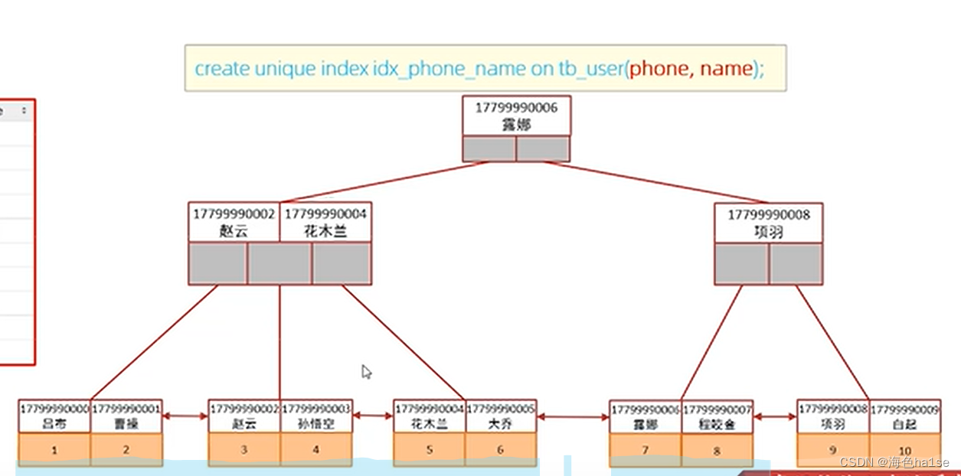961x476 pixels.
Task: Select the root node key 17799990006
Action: [x=516, y=108]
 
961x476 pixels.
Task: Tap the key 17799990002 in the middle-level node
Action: [x=234, y=214]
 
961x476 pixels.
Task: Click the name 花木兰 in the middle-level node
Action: [x=325, y=231]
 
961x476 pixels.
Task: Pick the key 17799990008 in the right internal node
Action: [x=768, y=214]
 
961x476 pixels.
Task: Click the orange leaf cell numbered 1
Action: [x=54, y=450]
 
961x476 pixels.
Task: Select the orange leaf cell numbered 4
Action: [x=316, y=450]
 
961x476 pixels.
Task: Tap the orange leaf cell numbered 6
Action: [x=501, y=450]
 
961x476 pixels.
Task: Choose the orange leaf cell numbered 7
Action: [x=645, y=451]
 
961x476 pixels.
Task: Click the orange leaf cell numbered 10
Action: [x=904, y=451]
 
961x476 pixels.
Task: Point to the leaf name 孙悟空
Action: [x=316, y=423]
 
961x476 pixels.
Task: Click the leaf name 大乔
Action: [x=501, y=423]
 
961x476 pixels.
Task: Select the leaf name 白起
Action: [x=904, y=424]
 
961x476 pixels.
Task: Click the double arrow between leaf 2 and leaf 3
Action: [x=185, y=416]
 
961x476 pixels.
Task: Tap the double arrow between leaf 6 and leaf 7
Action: [x=573, y=417]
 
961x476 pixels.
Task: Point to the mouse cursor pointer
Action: [x=366, y=372]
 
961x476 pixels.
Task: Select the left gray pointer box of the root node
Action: [x=489, y=148]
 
